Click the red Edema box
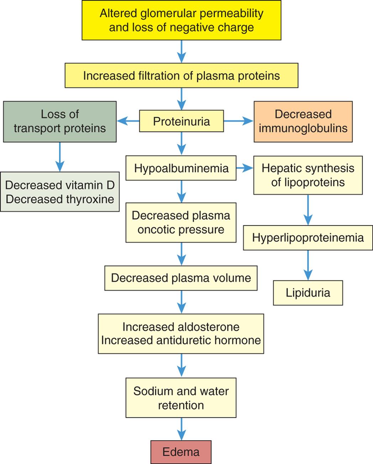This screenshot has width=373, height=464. point(181,452)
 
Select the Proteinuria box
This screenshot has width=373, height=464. point(181,121)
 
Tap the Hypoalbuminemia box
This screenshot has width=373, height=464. point(181,168)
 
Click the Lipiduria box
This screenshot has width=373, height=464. point(308,293)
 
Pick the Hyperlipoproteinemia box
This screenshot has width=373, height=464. point(308,238)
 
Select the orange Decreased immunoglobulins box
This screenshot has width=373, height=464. point(303,121)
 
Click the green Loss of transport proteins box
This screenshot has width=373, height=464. point(60,121)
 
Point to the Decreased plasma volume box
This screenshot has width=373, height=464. point(181,278)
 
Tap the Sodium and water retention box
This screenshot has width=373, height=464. point(181,398)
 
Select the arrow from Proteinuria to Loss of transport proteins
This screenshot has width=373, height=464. point(128,121)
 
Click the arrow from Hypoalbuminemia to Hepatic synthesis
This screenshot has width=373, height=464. point(245,168)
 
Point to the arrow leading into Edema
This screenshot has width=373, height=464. point(182,429)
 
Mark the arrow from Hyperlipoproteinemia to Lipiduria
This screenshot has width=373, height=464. point(308,265)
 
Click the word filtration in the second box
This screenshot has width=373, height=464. point(165,76)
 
